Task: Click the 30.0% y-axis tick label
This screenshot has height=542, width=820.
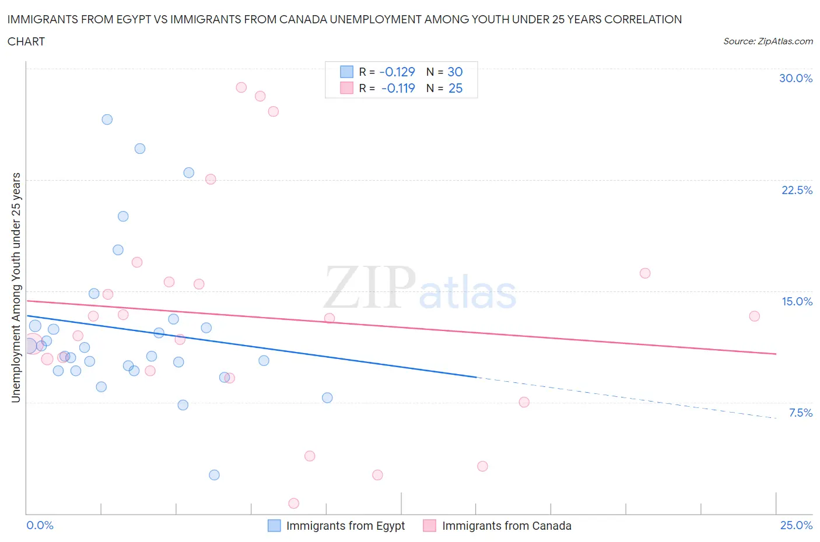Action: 796,78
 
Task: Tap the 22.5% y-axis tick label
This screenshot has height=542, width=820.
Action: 797,190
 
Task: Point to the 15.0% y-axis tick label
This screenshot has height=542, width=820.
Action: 797,301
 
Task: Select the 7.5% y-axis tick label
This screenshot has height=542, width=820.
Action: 800,413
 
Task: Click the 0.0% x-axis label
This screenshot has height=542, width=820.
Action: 40,525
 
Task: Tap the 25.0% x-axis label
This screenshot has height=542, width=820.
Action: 796,525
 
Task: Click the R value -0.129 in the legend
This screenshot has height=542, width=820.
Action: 397,72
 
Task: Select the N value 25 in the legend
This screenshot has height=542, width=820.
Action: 455,88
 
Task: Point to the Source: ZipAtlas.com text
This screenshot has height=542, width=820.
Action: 768,41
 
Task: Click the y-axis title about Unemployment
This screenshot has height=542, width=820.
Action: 16,287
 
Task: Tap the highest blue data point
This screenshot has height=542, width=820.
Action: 107,119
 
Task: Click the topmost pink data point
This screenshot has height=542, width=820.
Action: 241,87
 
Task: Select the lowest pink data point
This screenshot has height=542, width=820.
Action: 294,503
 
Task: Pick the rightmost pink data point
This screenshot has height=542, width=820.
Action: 754,316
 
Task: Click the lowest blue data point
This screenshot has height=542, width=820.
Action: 214,475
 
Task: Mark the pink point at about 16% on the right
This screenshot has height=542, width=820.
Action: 645,273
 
